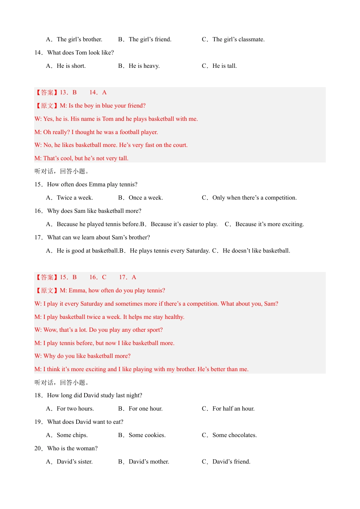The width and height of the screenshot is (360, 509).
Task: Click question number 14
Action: [x=38, y=53]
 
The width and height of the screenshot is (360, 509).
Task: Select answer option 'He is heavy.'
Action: [x=144, y=66]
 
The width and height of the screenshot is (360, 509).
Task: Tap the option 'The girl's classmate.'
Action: [x=238, y=39]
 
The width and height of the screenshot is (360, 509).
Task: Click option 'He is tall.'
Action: [x=224, y=66]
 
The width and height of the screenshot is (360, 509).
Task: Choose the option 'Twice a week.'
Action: [x=75, y=198]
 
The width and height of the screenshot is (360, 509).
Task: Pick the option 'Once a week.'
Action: [x=146, y=198]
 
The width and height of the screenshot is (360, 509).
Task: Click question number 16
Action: [x=38, y=211]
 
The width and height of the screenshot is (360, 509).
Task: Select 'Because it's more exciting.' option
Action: [x=269, y=224]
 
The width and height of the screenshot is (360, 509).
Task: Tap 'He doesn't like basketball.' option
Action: [x=256, y=251]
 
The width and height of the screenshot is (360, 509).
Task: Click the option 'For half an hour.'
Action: [x=233, y=409]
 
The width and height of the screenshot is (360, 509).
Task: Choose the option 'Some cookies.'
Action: [x=147, y=435]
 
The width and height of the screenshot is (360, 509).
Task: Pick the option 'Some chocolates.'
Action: [x=235, y=435]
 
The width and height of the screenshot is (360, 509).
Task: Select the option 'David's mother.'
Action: [x=149, y=462]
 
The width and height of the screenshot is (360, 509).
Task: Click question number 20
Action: [x=38, y=448]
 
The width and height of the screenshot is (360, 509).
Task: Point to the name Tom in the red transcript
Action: [x=108, y=119]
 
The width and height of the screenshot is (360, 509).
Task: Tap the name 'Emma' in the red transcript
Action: [x=77, y=290]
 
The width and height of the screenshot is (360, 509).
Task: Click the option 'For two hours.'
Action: [x=75, y=409]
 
